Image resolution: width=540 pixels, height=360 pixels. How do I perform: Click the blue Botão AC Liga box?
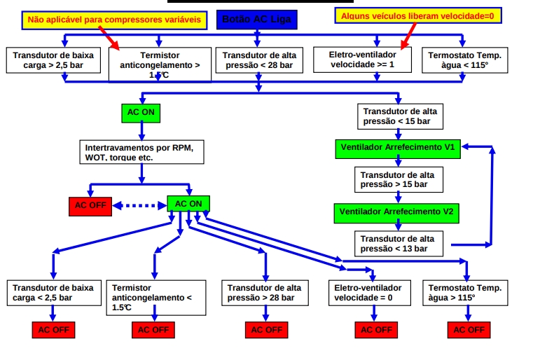256,20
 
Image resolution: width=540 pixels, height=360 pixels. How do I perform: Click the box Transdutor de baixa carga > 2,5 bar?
53,60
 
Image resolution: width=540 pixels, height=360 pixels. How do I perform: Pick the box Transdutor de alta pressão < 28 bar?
259,60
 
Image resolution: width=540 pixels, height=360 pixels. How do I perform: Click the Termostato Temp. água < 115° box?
465,60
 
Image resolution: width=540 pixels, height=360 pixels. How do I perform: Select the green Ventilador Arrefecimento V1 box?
397,148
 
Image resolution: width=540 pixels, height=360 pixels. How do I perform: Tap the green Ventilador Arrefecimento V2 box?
397,211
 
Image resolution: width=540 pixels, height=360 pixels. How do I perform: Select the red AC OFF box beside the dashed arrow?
90,206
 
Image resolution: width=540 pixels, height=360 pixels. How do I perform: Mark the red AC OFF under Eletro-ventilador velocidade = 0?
376,329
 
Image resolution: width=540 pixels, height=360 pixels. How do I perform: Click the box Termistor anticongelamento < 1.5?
156,297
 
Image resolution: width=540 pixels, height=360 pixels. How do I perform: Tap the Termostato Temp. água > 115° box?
465,293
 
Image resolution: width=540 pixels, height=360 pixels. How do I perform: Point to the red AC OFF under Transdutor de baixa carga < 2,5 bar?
53,329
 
